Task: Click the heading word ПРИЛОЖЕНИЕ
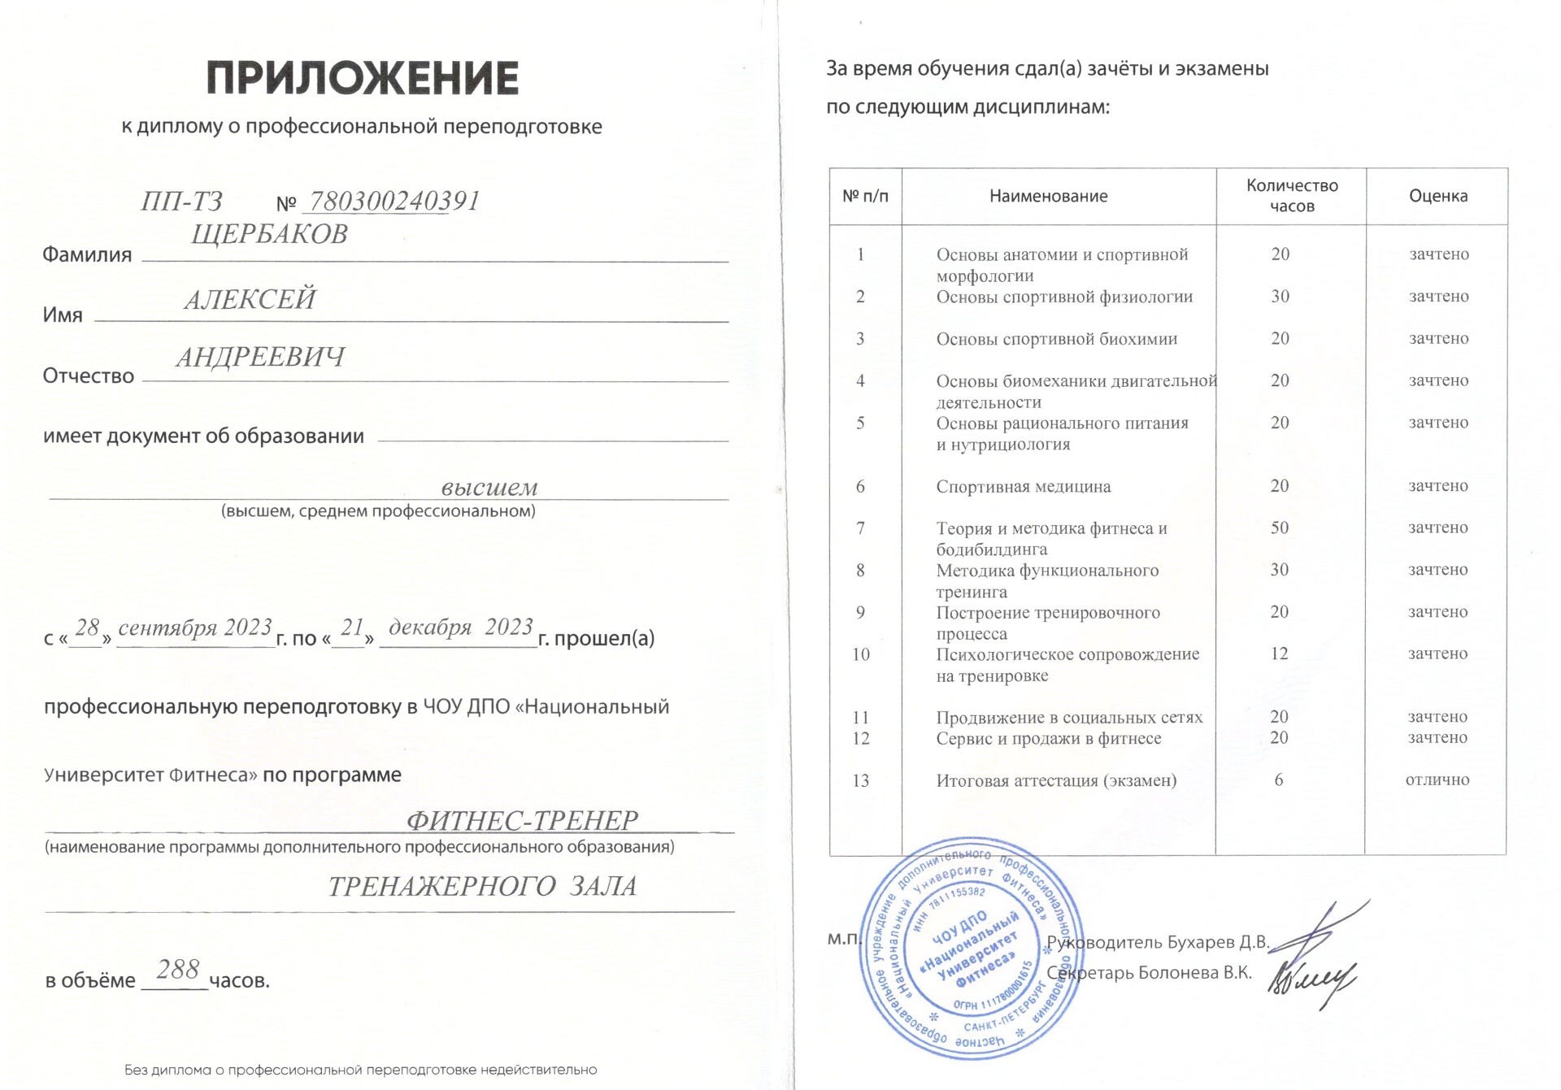(362, 78)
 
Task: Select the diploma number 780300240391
(394, 201)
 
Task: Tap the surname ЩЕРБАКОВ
(269, 234)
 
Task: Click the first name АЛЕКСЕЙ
(250, 299)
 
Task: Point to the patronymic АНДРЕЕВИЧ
(260, 357)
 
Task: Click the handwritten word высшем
(489, 487)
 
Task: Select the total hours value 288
(177, 970)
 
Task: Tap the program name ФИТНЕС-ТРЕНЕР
(522, 821)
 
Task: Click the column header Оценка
(1437, 196)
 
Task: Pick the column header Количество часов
(1291, 196)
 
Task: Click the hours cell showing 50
(1279, 528)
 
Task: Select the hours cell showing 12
(1279, 654)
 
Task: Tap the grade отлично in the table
(1437, 780)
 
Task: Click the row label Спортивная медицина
(1023, 487)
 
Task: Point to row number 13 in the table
(860, 781)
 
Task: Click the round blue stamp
(971, 949)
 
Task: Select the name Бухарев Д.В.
(1218, 942)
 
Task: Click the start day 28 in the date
(87, 628)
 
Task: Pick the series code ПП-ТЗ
(181, 201)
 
